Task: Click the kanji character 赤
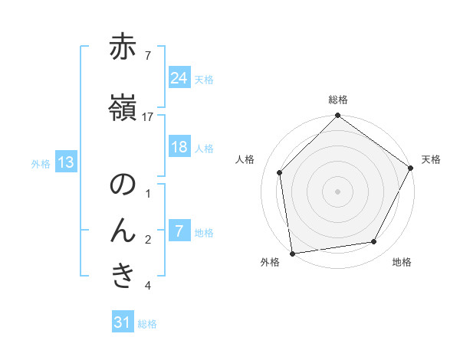[123, 47]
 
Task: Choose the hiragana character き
[123, 277]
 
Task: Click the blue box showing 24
[179, 78]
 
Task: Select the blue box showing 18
[179, 147]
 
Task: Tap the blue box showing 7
[179, 231]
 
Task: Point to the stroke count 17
[147, 116]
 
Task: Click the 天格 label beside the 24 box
[204, 79]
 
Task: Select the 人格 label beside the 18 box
[204, 148]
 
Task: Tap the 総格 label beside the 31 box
[147, 324]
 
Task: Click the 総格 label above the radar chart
[338, 100]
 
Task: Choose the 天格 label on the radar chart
[432, 159]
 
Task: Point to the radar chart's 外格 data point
[292, 252]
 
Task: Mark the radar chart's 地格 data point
[374, 241]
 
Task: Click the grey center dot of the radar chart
[337, 191]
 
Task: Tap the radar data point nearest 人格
[280, 172]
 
